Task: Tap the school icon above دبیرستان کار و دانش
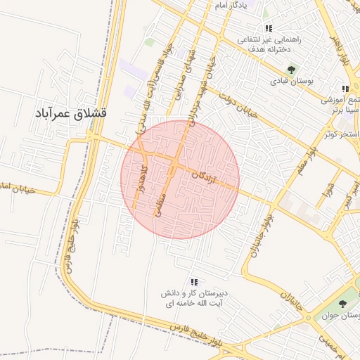tap(194, 282)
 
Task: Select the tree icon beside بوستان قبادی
tap(291, 70)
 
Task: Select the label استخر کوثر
tap(342, 134)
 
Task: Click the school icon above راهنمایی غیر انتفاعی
tap(269, 28)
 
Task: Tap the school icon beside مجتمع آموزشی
tap(345, 89)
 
